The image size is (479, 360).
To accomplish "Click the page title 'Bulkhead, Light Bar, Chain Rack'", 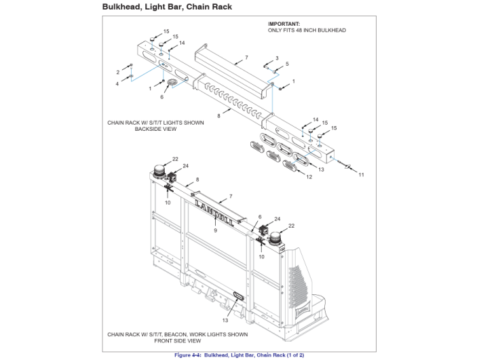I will [166, 7].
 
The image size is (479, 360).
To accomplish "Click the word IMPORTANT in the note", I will [284, 24].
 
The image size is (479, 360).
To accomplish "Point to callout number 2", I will [117, 72].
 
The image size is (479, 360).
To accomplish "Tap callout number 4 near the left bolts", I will [117, 83].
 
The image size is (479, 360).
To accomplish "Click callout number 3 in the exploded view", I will [277, 58].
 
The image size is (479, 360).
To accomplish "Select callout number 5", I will [287, 64].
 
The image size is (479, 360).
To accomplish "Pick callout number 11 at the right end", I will [361, 175].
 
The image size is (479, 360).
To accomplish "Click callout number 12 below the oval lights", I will [309, 177].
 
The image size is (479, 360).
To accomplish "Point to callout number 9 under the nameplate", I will [215, 231].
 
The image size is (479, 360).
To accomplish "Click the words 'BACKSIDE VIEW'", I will [146, 129].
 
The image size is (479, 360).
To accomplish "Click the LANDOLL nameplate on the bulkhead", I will [215, 212].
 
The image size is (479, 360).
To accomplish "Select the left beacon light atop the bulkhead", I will [161, 172].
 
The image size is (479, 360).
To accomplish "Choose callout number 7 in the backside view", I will [246, 58].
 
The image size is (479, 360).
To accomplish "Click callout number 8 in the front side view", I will [197, 179].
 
